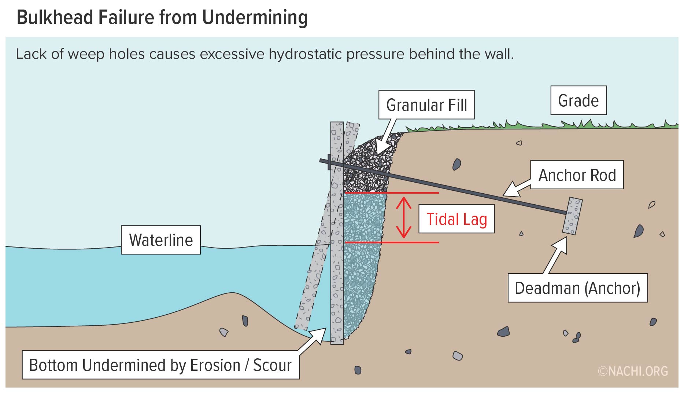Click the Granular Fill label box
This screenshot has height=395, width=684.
click(426, 105)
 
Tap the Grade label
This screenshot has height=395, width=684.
click(578, 100)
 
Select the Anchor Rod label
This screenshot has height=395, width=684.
click(577, 175)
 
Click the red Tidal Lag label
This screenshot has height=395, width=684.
click(456, 219)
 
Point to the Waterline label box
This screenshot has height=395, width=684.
click(160, 240)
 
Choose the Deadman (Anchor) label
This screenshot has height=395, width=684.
click(577, 288)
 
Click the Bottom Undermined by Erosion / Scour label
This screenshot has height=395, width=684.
click(160, 365)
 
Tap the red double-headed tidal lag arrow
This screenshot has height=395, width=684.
click(403, 217)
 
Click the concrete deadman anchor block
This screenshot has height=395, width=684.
click(572, 216)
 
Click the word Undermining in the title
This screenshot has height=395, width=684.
click(255, 17)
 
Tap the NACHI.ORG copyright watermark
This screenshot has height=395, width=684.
click(633, 371)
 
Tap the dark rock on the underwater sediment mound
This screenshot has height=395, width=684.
click(245, 321)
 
